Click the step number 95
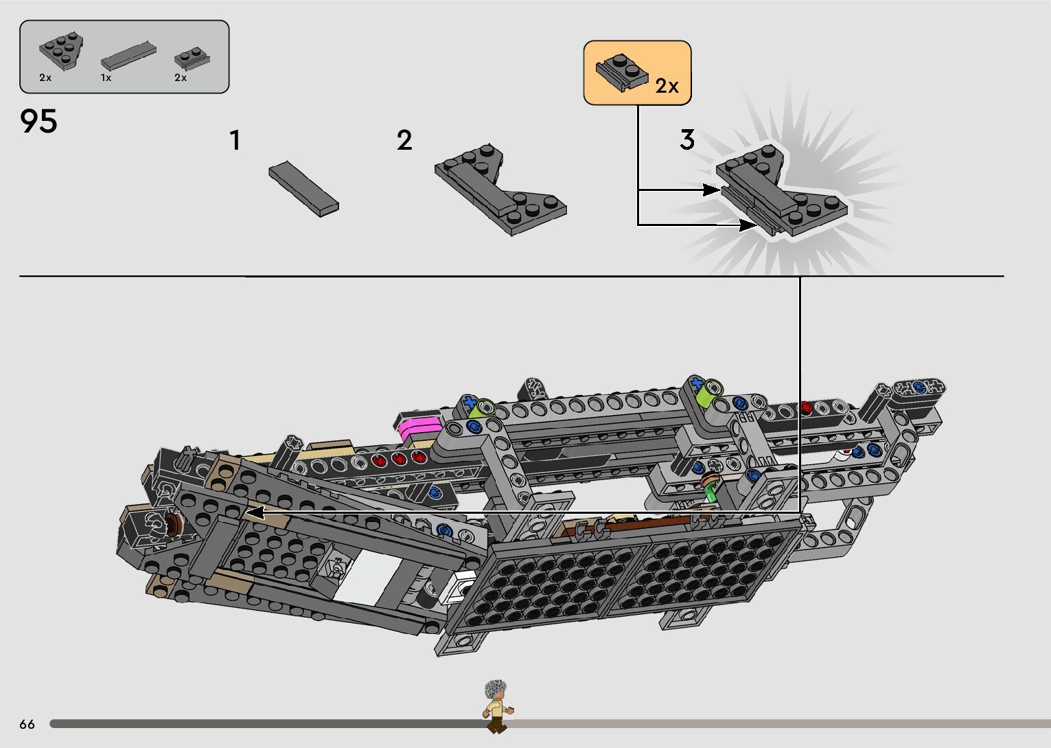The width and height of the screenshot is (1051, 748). (x=39, y=122)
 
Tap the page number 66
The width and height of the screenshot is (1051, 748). (x=27, y=724)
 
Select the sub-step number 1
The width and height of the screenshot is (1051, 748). (x=235, y=140)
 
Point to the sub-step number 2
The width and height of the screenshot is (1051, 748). (x=404, y=140)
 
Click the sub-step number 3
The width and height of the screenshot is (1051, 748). (x=687, y=139)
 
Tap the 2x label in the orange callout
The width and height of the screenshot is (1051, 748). (x=667, y=86)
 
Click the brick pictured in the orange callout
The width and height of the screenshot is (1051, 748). (x=622, y=71)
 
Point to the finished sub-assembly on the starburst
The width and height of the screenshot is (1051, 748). (x=783, y=192)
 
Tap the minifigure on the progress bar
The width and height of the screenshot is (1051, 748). (x=496, y=706)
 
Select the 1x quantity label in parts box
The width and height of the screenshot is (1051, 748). (x=106, y=78)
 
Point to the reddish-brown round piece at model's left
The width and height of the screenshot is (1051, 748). (x=176, y=525)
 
